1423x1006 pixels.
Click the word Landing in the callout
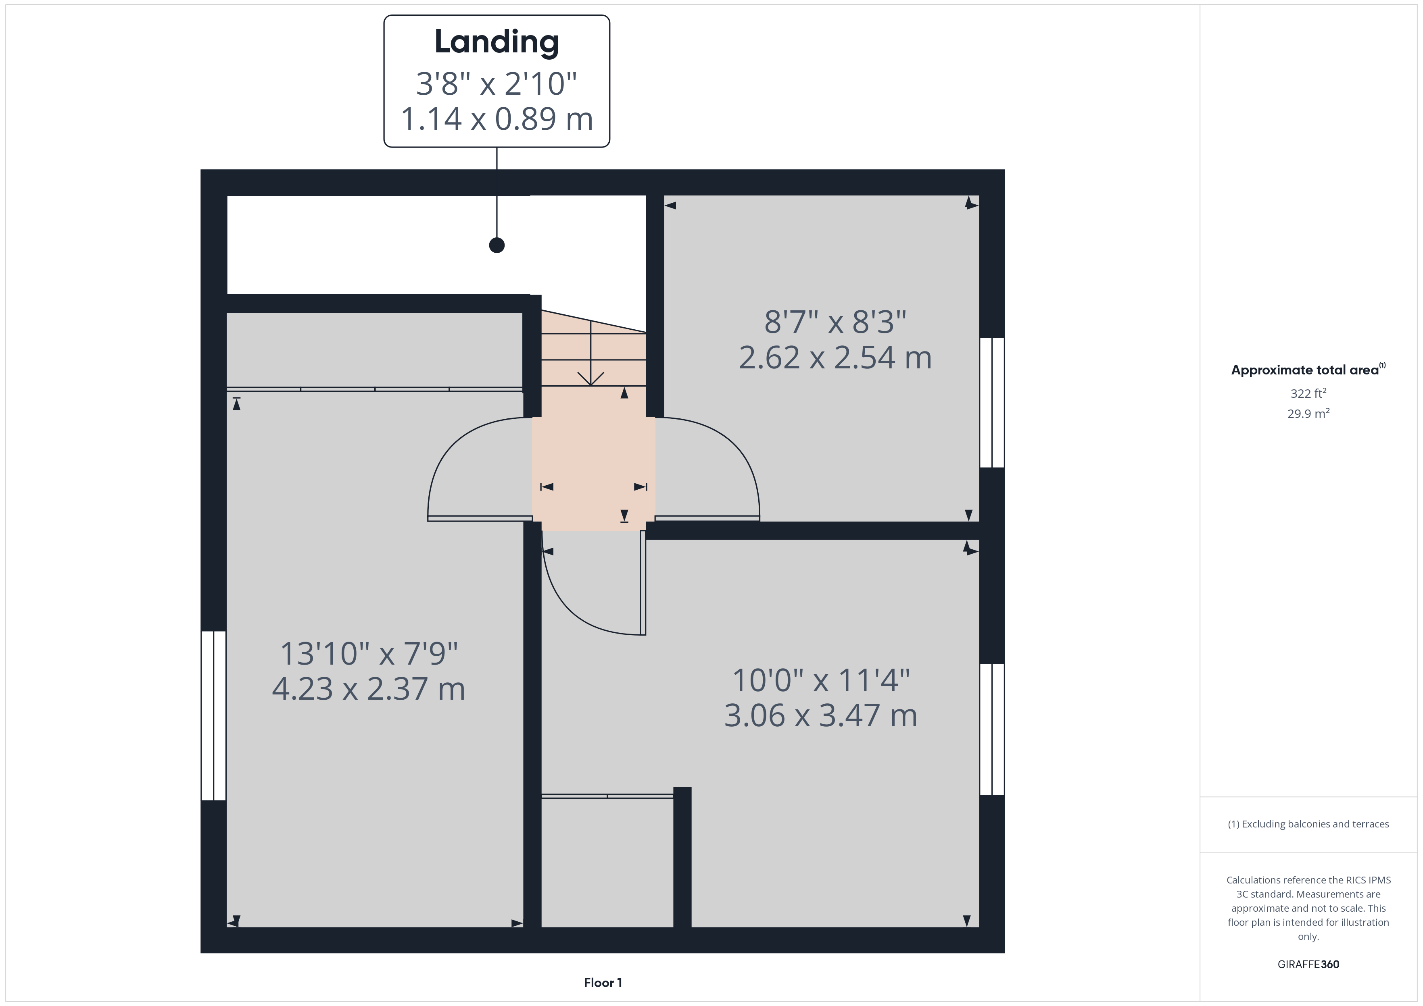(x=497, y=43)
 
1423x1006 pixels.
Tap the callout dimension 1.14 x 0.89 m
(x=497, y=119)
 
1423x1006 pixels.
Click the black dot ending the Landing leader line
(x=497, y=245)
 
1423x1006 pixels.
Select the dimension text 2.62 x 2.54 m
(x=835, y=358)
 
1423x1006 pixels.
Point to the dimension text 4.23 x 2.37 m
(x=369, y=689)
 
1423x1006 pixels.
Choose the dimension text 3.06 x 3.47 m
(x=820, y=715)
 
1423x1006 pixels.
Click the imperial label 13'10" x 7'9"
(x=369, y=653)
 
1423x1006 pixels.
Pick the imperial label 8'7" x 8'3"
(x=835, y=322)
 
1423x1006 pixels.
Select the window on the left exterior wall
(x=213, y=715)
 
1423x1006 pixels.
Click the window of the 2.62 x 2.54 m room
(x=992, y=403)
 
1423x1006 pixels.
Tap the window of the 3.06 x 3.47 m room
(x=992, y=729)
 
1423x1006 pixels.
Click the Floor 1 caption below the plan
(x=603, y=983)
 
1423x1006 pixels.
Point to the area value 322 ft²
(x=1308, y=393)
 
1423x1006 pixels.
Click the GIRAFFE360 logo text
(x=1308, y=964)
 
